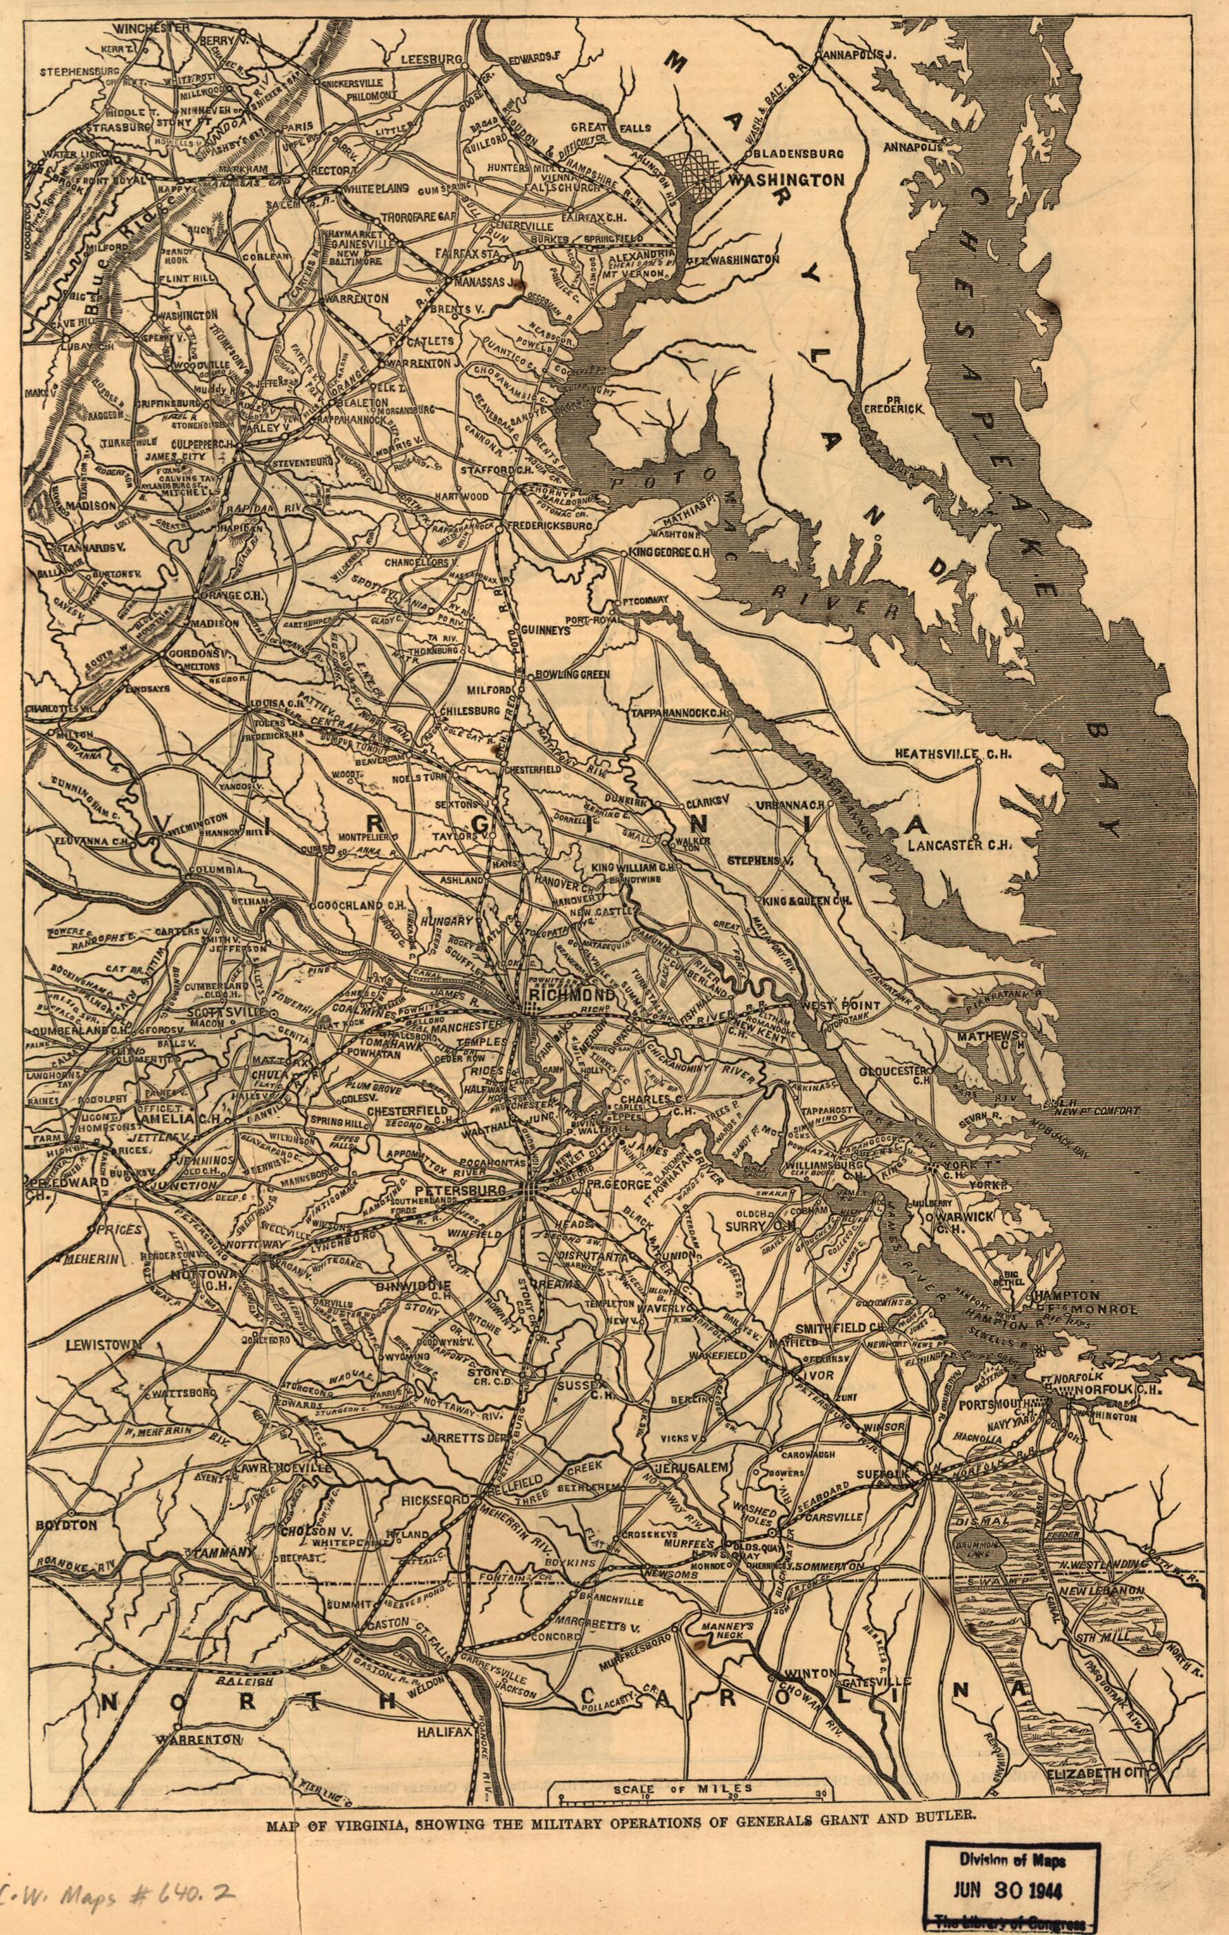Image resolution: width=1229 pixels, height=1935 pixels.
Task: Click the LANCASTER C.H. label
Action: tap(958, 845)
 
